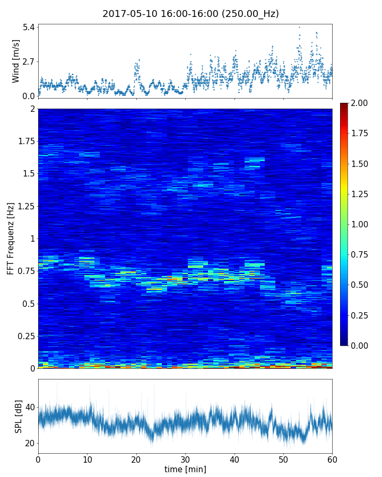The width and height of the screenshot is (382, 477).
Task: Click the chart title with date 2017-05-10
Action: coord(190,14)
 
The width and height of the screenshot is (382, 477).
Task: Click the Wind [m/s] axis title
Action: coord(16,61)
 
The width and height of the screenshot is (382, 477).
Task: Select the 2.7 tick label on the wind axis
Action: coord(28,61)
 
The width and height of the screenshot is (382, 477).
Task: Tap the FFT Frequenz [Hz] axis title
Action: coord(11,238)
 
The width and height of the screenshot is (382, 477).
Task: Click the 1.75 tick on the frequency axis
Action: coord(24,142)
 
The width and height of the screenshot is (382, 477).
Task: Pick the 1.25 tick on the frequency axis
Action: coord(24,206)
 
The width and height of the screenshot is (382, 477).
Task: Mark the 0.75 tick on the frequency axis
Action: coord(24,271)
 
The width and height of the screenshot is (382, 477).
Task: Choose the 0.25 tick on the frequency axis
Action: coord(24,336)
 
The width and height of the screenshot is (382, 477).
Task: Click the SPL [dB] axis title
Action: coord(19,416)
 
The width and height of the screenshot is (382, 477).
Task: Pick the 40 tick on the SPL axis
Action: coord(29,407)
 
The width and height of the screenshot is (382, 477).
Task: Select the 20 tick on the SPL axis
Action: coord(29,443)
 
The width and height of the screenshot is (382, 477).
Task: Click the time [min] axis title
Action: coord(185,469)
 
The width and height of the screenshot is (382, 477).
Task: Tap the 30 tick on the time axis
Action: coord(185,458)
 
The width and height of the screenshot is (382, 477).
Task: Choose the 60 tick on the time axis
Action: coord(332,458)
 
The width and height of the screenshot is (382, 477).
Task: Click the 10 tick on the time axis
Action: coord(87,458)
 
